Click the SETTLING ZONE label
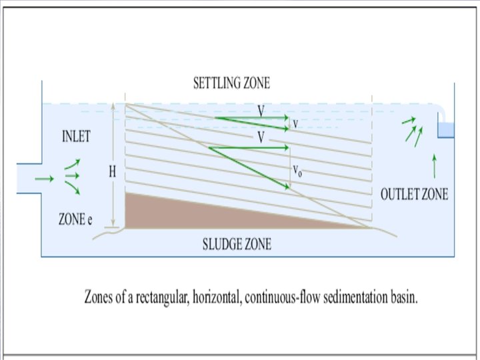(x=231, y=83)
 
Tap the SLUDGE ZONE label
(x=237, y=244)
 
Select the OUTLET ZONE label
(x=414, y=195)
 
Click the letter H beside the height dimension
(x=113, y=171)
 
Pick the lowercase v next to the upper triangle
(x=295, y=123)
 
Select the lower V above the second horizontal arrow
(x=261, y=137)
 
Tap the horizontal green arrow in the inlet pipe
(x=44, y=178)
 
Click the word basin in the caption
(x=403, y=297)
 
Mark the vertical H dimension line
(x=114, y=200)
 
